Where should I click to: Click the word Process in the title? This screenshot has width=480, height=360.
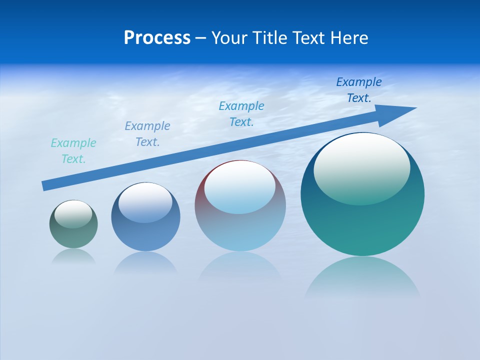click(157, 38)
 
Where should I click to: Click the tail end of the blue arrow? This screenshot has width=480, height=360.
click(45, 185)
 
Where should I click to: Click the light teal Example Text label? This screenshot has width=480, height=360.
click(73, 151)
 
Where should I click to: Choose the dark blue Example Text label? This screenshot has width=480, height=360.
click(359, 90)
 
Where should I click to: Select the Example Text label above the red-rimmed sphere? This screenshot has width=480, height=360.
click(241, 114)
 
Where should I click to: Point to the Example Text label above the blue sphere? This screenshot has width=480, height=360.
click(147, 134)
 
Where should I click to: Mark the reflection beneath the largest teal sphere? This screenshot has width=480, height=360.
click(362, 277)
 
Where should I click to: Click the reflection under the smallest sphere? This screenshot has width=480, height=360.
click(73, 256)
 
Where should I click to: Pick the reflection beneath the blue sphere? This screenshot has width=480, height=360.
click(145, 262)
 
